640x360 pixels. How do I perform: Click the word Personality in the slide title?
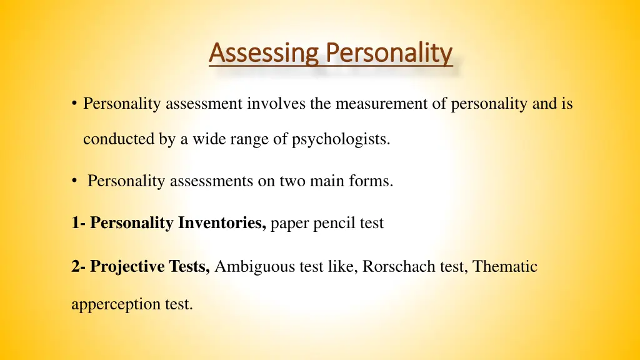point(389,54)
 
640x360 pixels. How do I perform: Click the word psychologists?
point(341,139)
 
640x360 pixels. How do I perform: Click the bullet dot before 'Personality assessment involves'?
point(74,104)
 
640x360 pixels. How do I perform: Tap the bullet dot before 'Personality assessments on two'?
point(74,182)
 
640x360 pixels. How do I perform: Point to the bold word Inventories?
point(222,223)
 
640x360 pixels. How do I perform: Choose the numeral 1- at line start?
point(79,223)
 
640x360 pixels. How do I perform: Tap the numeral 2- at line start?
point(79,267)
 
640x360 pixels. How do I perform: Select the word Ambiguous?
point(249,267)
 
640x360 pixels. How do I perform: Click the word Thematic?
point(505,267)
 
